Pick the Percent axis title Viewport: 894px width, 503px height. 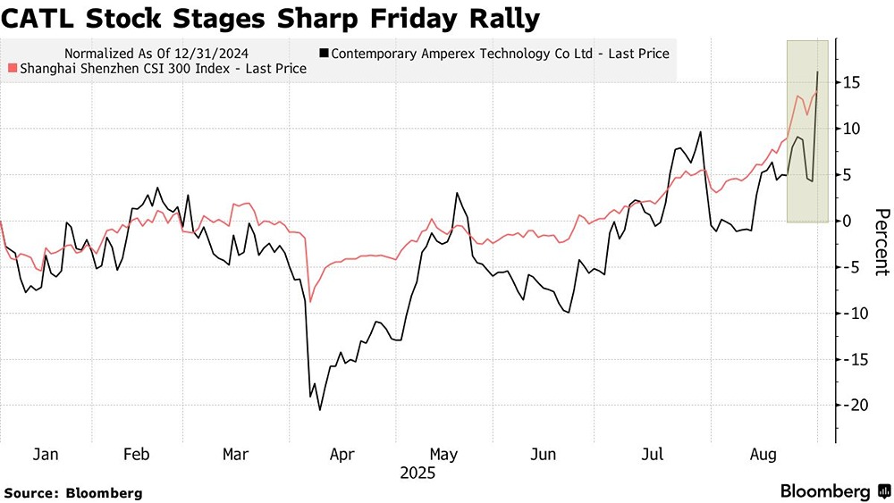click(x=881, y=241)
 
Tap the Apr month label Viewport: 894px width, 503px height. click(x=342, y=455)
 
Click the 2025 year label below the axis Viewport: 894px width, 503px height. click(x=417, y=473)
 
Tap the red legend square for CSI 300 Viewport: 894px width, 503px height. click(x=11, y=69)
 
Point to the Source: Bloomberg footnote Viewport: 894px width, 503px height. click(x=73, y=492)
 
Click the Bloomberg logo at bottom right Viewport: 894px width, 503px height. click(x=831, y=491)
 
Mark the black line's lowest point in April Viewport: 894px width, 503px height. click(x=320, y=409)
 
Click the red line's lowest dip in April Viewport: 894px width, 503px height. click(x=310, y=301)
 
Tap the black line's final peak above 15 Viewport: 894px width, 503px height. click(x=817, y=71)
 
